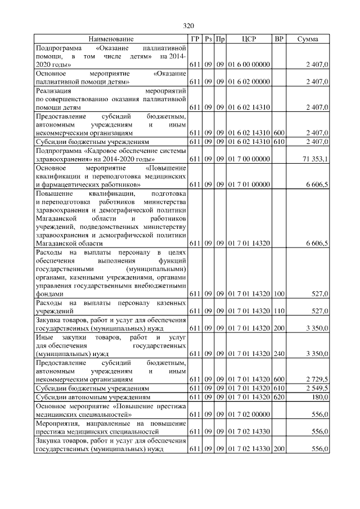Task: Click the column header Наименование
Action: pos(111,39)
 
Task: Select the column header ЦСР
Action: pos(249,39)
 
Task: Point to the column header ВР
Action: pos(278,39)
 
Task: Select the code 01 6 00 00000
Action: pos(249,66)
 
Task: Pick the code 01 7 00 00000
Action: pos(249,160)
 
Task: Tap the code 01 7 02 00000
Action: pos(249,415)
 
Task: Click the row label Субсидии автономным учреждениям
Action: pos(92,397)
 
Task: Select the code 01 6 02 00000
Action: pos(249,82)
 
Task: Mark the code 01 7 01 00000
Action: pos(249,184)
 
